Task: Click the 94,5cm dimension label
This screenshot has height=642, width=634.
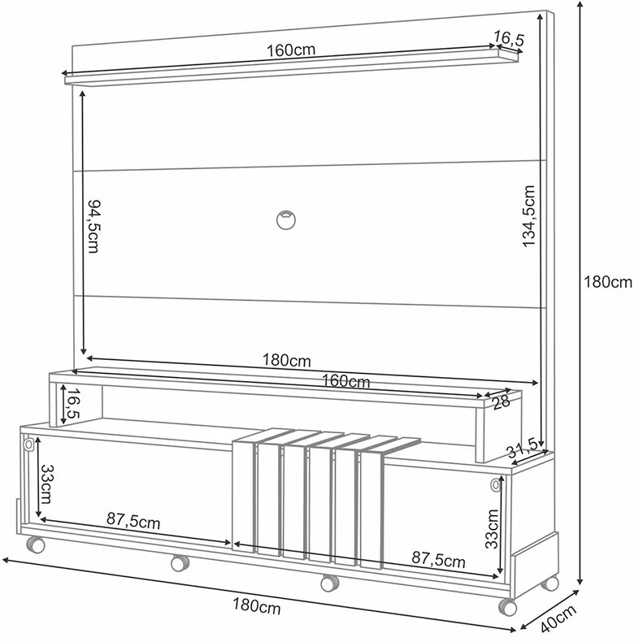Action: pos(93,227)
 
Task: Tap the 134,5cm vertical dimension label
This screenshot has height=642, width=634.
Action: pos(529,216)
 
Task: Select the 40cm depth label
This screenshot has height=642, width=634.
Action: pos(558,618)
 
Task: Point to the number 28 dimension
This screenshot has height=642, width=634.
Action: pos(502,401)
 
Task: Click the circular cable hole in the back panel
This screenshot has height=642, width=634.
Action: pos(286,220)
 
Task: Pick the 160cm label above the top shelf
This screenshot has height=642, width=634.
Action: pos(291,50)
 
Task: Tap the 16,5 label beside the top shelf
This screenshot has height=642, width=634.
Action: pos(508,37)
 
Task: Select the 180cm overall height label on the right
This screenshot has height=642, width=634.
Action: pos(608,282)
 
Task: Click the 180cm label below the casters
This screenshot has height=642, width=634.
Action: pos(257,606)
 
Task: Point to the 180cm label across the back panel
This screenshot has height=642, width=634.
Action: pos(287,360)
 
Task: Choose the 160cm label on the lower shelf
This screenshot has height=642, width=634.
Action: pos(346,381)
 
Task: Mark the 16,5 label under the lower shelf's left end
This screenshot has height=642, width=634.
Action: pos(73,404)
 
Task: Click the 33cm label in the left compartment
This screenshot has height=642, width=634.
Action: pos(46,484)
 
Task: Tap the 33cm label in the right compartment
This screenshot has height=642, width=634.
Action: pos(492,528)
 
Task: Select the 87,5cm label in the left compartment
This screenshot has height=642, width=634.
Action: pos(133,521)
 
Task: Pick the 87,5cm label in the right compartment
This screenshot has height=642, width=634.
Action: pos(439,559)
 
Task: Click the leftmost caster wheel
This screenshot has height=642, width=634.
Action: pos(36,545)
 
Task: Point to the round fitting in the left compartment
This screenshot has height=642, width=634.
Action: pos(28,445)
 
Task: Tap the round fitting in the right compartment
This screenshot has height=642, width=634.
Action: pos(496,485)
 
